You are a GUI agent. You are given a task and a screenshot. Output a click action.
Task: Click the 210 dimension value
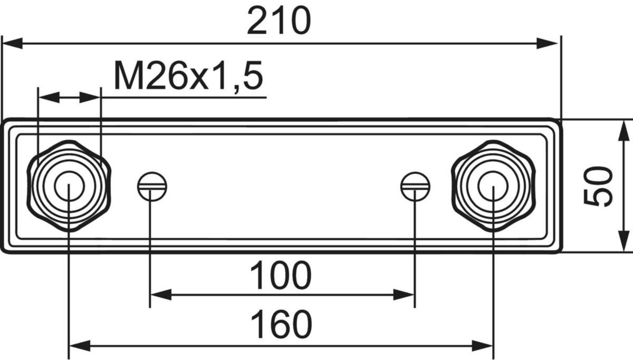[279, 22]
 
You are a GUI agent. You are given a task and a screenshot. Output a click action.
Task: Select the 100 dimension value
[280, 276]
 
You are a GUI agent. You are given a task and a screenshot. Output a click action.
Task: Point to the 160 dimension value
[281, 325]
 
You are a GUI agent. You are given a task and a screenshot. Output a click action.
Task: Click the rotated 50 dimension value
[599, 186]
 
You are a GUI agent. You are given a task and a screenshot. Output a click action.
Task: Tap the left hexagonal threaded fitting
[69, 186]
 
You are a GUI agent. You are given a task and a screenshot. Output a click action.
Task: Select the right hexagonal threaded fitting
[493, 186]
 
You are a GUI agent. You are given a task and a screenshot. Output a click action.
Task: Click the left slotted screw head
[152, 186]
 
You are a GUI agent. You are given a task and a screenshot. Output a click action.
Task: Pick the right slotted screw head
[415, 186]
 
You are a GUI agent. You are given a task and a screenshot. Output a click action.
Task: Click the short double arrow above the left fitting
[69, 98]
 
